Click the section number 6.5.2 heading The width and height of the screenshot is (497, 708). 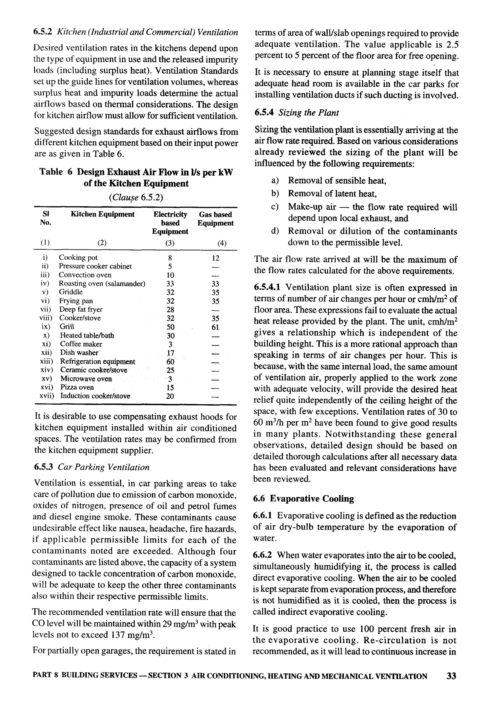pyautogui.click(x=43, y=32)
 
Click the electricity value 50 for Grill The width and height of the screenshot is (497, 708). pyautogui.click(x=170, y=327)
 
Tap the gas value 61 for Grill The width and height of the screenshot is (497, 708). pyautogui.click(x=215, y=327)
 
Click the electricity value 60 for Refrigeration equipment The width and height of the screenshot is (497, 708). pyautogui.click(x=170, y=362)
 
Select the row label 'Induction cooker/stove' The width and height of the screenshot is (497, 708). pyautogui.click(x=95, y=396)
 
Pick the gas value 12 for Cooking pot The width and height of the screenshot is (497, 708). pyautogui.click(x=215, y=258)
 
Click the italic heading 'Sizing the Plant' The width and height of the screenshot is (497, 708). pyautogui.click(x=308, y=113)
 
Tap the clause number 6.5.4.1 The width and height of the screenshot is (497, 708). pyautogui.click(x=267, y=287)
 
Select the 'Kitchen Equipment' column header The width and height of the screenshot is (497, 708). pyautogui.click(x=102, y=214)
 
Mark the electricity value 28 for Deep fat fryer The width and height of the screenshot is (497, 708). pyautogui.click(x=170, y=310)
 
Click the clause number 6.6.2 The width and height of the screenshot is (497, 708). pyautogui.click(x=262, y=555)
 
